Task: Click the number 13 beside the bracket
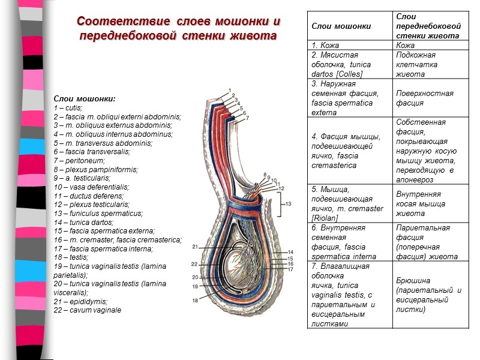[x=290, y=204]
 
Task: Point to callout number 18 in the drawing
[x=195, y=298]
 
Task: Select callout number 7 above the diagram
[x=246, y=118]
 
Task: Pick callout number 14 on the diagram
[x=290, y=251]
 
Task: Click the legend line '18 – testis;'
[x=71, y=257]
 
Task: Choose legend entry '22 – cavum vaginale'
[x=87, y=310]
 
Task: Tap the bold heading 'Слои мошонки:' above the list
[x=85, y=98]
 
